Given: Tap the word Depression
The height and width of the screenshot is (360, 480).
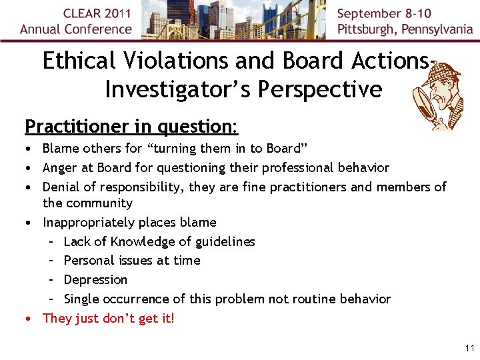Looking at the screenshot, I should [x=95, y=279].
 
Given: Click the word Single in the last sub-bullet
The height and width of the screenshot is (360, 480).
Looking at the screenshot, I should [x=81, y=299].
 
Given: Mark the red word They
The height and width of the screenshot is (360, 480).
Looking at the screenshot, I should [x=57, y=318].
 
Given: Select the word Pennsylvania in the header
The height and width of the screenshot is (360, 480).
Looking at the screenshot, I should [x=435, y=29].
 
